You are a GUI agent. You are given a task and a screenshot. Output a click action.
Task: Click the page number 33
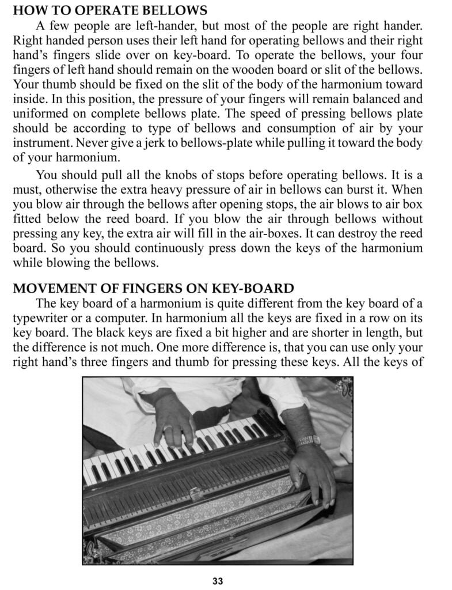(x=218, y=580)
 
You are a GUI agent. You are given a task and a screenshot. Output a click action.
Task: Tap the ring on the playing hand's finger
(x=168, y=428)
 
